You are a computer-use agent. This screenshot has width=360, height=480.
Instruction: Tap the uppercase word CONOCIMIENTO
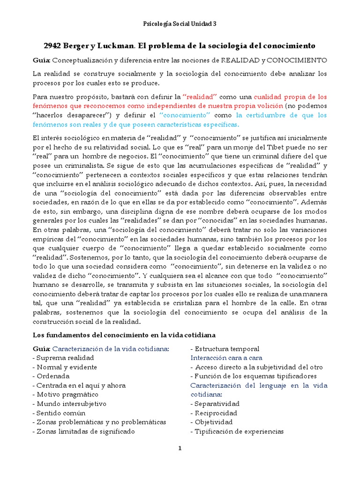tap(298, 60)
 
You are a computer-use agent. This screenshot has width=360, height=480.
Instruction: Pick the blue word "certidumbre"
tap(265, 115)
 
